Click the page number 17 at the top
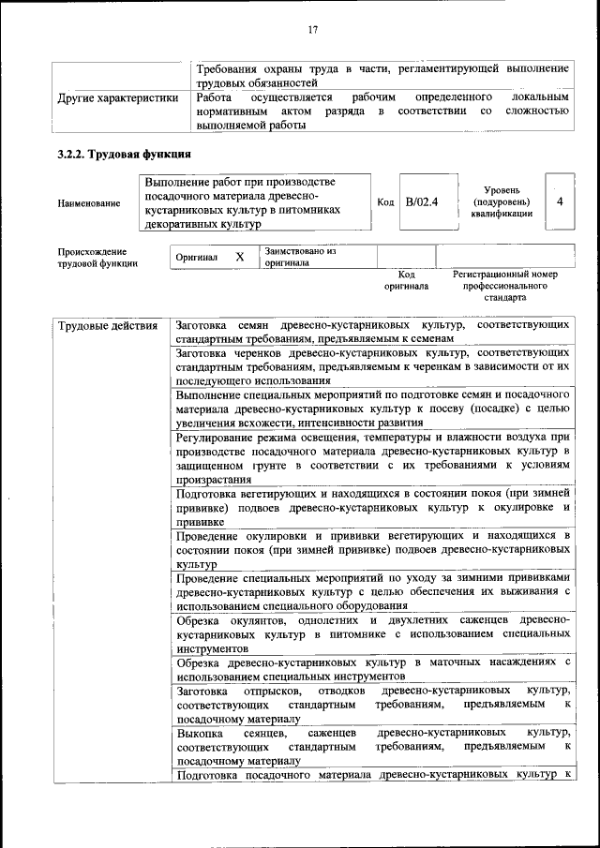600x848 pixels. coord(313,30)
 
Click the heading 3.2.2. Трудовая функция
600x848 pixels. coord(126,155)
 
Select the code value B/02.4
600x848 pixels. coord(422,201)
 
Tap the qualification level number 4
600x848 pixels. coord(560,201)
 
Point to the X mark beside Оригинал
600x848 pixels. coord(239,256)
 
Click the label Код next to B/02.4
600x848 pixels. coord(384,201)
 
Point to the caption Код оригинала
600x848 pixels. coord(406,279)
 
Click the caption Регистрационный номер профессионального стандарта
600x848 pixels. coord(504,286)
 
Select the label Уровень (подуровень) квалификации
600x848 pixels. coord(502,201)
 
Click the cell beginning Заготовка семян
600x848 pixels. coord(372,331)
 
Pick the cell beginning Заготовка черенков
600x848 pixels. coord(372,366)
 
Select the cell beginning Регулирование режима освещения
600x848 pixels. coord(372,457)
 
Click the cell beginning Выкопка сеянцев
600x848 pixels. coord(372,747)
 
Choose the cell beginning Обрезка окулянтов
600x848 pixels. coord(372,633)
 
